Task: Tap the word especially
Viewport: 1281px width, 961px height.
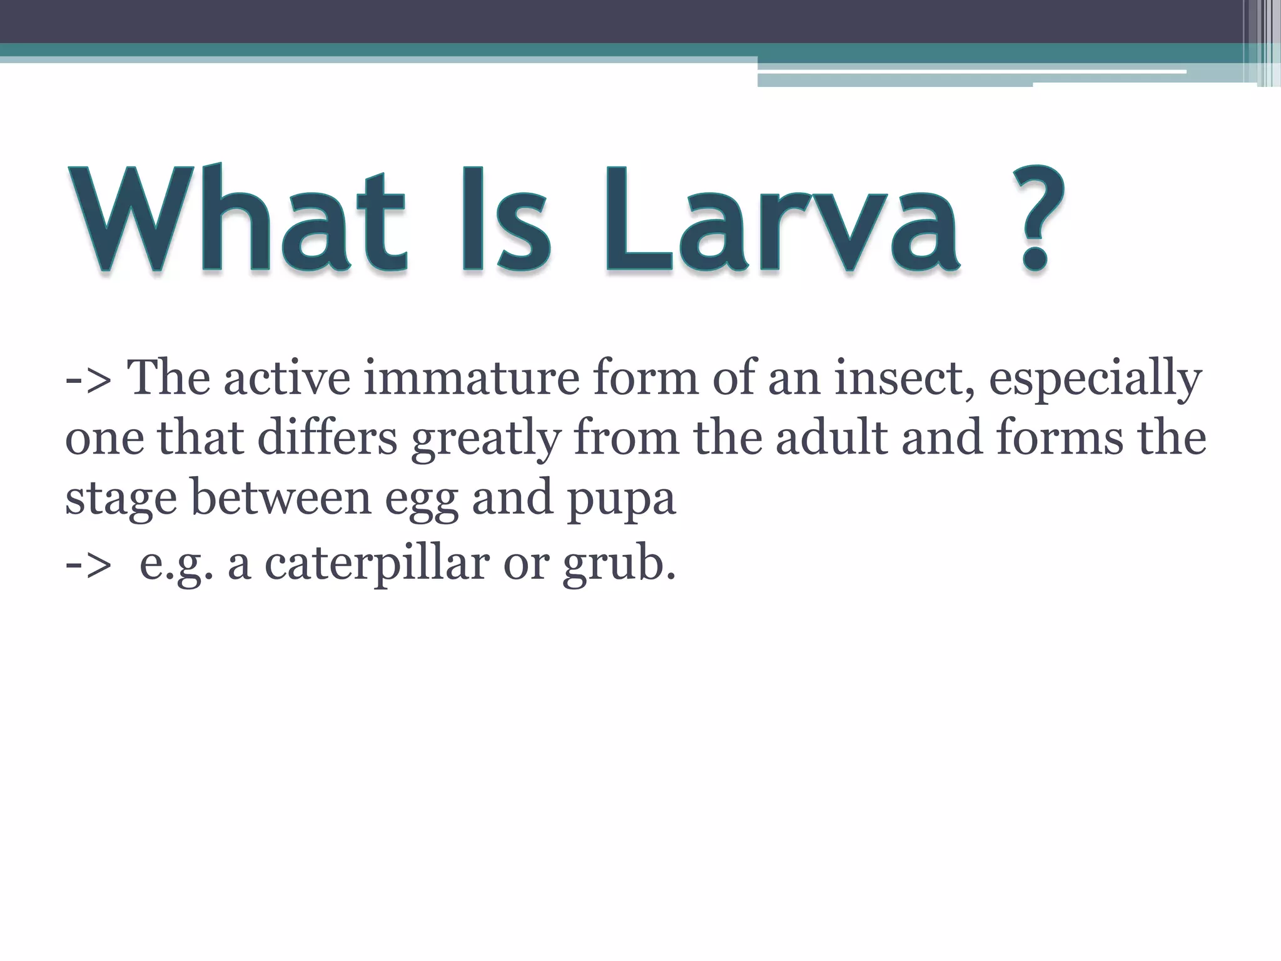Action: (1095, 379)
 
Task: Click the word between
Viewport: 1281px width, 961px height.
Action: (281, 497)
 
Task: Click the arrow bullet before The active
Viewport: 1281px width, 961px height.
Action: (88, 379)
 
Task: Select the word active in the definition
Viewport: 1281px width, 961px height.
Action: (287, 378)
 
